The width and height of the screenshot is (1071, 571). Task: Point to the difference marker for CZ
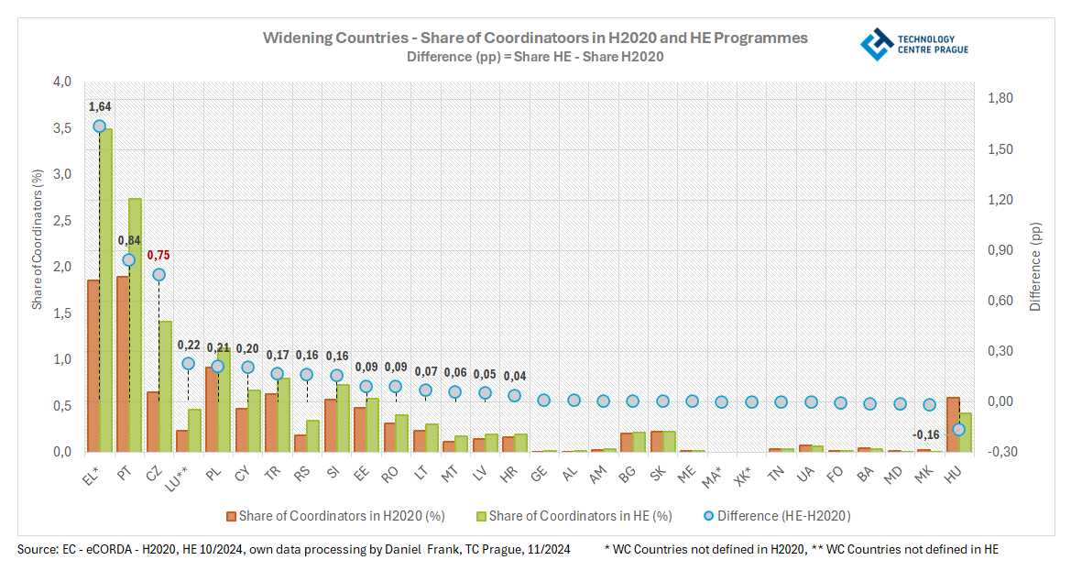click(158, 274)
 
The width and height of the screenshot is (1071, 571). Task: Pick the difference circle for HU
click(959, 429)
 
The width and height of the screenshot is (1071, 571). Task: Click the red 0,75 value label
click(158, 256)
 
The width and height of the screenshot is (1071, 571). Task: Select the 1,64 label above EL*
click(99, 108)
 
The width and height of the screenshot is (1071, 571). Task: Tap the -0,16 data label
click(928, 434)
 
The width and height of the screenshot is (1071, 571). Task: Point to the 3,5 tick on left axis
click(62, 127)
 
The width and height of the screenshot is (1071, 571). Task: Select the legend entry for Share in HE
click(573, 516)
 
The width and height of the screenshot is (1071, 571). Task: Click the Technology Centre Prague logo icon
click(877, 44)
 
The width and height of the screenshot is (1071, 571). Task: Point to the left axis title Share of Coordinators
click(38, 238)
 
